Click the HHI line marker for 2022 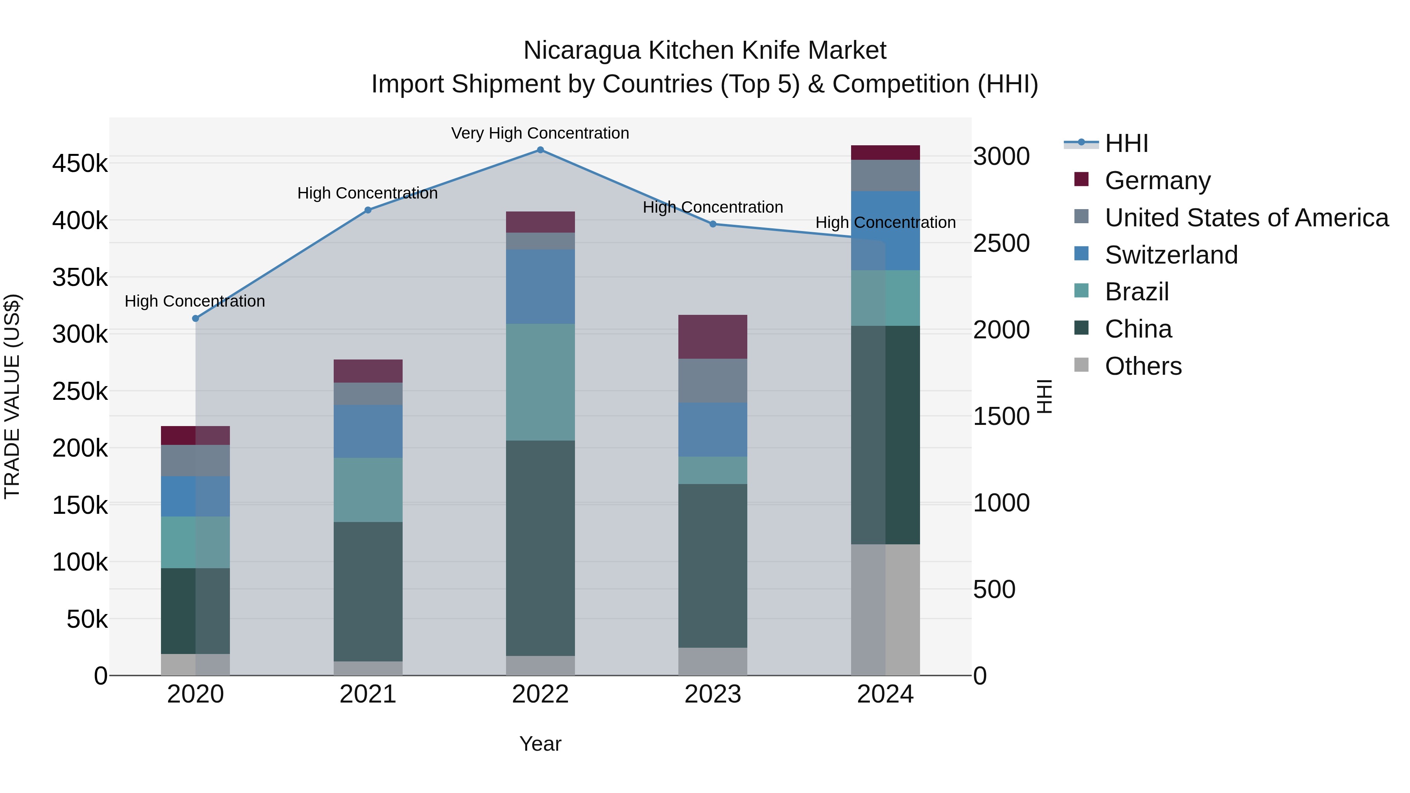pyautogui.click(x=540, y=150)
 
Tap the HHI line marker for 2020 pyautogui.click(x=195, y=318)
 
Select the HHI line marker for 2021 pyautogui.click(x=368, y=210)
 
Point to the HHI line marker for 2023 pyautogui.click(x=713, y=224)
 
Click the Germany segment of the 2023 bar pyautogui.click(x=713, y=336)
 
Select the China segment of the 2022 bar pyautogui.click(x=540, y=547)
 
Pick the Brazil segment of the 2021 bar pyautogui.click(x=368, y=490)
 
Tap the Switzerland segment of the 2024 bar pyautogui.click(x=886, y=230)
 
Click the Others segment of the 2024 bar pyautogui.click(x=886, y=610)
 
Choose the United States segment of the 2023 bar pyautogui.click(x=713, y=381)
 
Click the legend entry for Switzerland pyautogui.click(x=1171, y=255)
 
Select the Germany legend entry pyautogui.click(x=1158, y=181)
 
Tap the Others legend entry pyautogui.click(x=1143, y=366)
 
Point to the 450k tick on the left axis pyautogui.click(x=80, y=164)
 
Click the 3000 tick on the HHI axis pyautogui.click(x=1001, y=157)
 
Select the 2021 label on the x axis pyautogui.click(x=368, y=694)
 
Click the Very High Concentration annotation pyautogui.click(x=540, y=133)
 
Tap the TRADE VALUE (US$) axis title pyautogui.click(x=12, y=396)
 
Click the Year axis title pyautogui.click(x=540, y=744)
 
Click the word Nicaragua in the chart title pyautogui.click(x=582, y=51)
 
